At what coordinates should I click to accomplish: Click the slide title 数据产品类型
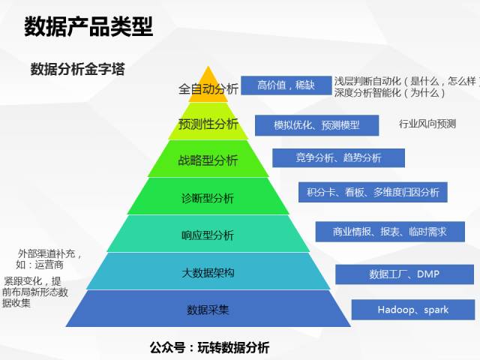88,27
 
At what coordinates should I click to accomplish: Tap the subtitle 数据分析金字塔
77,70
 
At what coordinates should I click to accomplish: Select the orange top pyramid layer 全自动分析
208,89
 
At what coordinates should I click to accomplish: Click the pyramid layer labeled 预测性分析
208,124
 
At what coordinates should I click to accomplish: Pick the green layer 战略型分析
208,160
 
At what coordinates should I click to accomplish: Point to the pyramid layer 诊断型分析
208,198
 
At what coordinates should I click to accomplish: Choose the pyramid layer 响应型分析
208,235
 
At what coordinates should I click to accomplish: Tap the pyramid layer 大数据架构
208,272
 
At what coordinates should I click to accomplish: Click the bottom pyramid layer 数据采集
208,309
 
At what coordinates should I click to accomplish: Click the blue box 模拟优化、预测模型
317,124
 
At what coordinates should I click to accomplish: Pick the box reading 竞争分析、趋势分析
338,157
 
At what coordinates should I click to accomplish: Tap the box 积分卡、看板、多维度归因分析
373,192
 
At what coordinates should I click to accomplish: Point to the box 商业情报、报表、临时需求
389,232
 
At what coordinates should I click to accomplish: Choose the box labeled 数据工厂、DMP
404,274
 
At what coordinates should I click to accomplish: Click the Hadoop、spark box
412,309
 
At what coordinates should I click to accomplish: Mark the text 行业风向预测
427,124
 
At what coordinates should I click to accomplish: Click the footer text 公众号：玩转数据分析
209,347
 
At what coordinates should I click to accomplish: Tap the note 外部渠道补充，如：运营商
49,259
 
